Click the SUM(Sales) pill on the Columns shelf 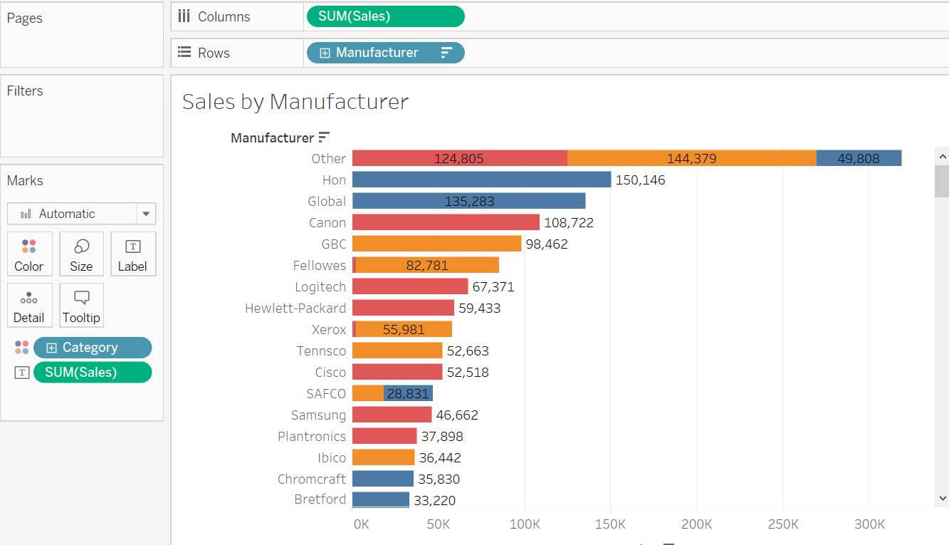coord(386,16)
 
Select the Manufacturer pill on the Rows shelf coord(386,53)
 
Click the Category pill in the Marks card coord(93,348)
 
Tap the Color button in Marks coord(29,254)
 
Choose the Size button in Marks coord(81,254)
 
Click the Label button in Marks coord(133,254)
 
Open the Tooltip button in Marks coord(81,305)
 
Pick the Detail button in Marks coord(29,305)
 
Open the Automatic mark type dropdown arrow coord(146,214)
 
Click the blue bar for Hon coord(482,180)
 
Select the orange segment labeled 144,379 coord(692,158)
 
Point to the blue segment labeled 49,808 coord(859,158)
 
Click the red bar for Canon coord(446,222)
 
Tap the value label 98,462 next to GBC coord(547,244)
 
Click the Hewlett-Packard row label coord(295,308)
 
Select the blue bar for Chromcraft coord(383,479)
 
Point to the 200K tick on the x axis coord(696,524)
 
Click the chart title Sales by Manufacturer coord(295,102)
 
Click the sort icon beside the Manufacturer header coord(324,137)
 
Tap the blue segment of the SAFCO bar coord(408,393)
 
